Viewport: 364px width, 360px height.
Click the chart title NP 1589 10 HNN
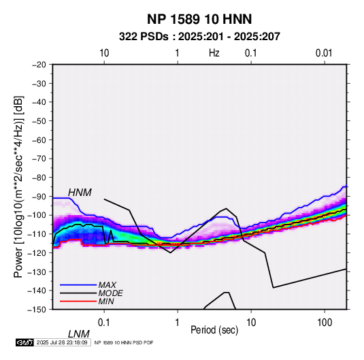[199, 19]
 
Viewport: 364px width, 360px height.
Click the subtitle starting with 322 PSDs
[199, 37]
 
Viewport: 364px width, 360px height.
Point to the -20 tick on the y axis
[39, 65]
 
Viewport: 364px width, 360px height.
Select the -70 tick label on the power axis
[39, 159]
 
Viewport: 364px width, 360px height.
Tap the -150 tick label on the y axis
[37, 310]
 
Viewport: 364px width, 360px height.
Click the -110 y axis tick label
[37, 234]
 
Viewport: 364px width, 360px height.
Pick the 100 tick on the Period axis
[325, 323]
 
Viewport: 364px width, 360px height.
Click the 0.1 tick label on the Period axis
[104, 323]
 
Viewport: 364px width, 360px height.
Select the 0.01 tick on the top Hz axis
[324, 53]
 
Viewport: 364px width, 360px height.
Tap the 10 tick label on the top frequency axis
[104, 53]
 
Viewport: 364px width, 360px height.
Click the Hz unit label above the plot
[214, 53]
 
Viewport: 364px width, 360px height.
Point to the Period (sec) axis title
[214, 330]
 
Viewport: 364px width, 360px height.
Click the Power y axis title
[18, 187]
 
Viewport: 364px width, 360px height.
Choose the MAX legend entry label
[107, 285]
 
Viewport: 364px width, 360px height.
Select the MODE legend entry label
[110, 293]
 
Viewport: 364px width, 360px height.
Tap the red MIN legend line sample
[78, 301]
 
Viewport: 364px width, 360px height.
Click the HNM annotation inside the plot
[80, 193]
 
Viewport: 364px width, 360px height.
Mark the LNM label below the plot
[79, 334]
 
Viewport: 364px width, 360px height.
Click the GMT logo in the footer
[24, 342]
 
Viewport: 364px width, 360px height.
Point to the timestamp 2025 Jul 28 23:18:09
[62, 342]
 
